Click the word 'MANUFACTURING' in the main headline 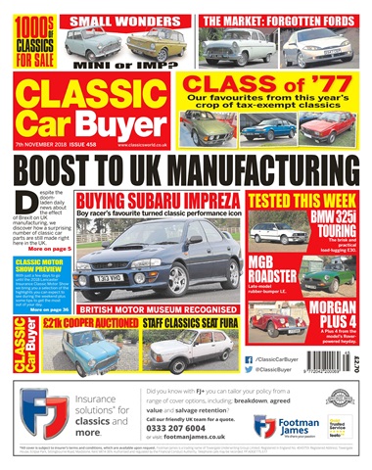[x=256, y=164]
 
